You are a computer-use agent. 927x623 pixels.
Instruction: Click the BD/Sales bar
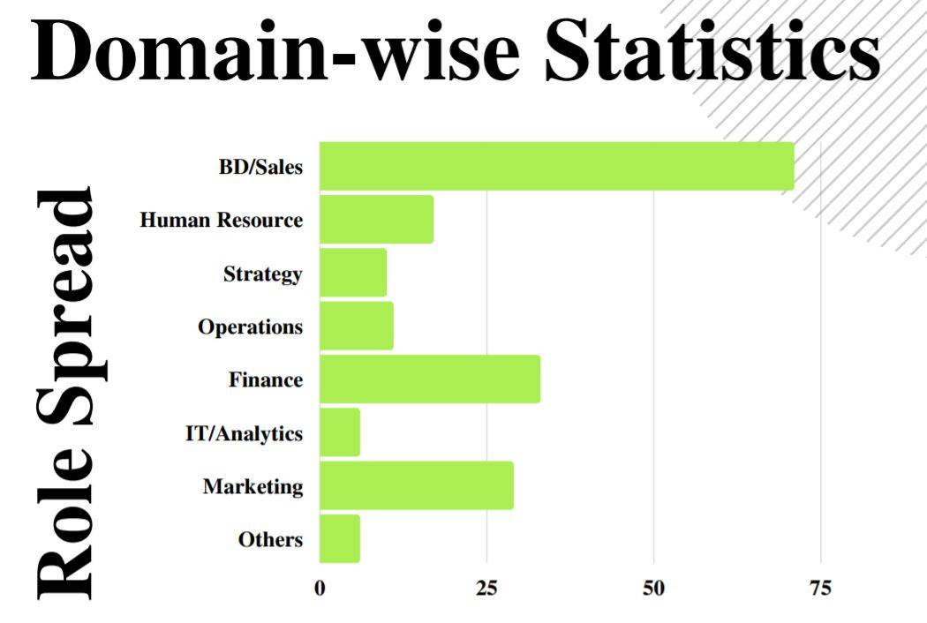point(556,166)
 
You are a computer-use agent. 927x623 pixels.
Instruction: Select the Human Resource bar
point(376,220)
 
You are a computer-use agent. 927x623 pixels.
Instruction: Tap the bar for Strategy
point(352,273)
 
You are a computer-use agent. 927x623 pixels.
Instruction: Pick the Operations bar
point(356,326)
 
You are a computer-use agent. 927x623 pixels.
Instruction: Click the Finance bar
point(429,379)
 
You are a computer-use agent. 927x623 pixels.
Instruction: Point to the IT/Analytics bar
point(339,432)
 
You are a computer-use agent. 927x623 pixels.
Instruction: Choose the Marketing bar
point(416,485)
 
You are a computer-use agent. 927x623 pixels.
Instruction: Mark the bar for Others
point(339,538)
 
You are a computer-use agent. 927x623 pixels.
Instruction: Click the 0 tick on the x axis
point(320,589)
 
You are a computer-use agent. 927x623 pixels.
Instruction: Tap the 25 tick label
point(486,589)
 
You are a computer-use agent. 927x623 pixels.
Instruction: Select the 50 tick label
point(653,589)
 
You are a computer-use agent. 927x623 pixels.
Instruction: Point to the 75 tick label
point(820,589)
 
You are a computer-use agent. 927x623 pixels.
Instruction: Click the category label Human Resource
point(221,221)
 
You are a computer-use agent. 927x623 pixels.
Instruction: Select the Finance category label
point(265,380)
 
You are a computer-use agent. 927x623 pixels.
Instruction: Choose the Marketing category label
point(252,486)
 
